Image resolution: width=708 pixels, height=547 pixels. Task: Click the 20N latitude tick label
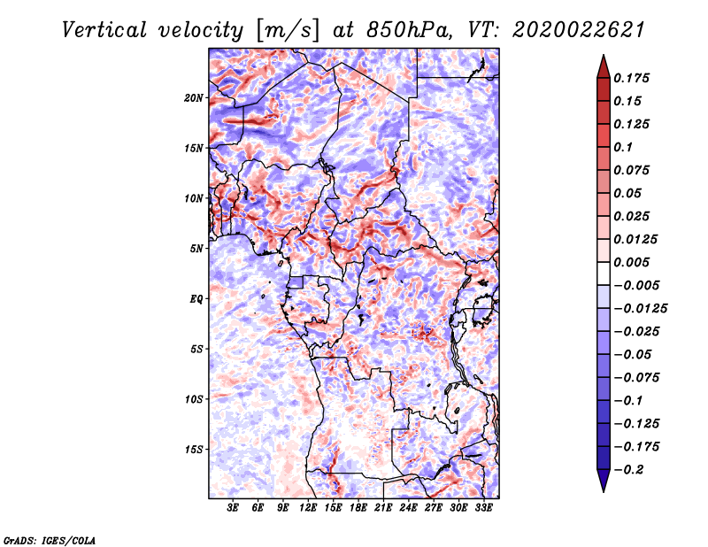click(194, 97)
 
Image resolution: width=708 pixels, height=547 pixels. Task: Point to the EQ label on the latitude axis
click(196, 298)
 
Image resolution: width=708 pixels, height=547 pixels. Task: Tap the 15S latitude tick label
click(194, 449)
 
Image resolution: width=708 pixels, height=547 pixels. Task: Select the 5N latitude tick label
click(196, 248)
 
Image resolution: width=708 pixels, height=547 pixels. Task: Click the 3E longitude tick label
click(234, 509)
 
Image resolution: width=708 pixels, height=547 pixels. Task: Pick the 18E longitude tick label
click(359, 509)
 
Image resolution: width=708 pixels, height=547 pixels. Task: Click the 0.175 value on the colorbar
click(634, 78)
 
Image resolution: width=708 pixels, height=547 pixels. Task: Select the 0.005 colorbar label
click(634, 262)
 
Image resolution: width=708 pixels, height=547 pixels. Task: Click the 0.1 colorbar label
click(625, 147)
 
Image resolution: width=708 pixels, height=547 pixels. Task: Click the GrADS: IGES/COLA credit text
click(50, 539)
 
